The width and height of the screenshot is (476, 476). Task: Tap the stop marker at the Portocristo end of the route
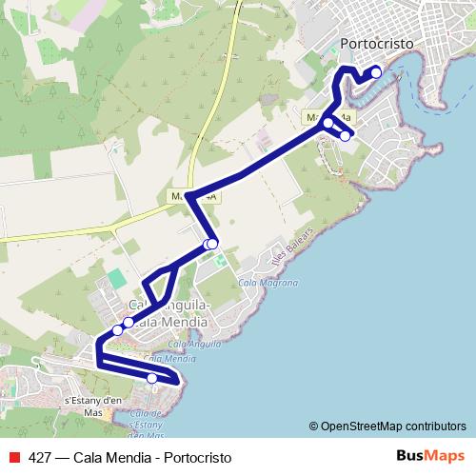coord(376,71)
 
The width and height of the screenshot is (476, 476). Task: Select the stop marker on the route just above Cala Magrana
coord(212,245)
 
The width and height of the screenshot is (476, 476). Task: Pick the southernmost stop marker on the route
coord(152,379)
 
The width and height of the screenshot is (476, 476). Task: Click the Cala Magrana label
coord(268,283)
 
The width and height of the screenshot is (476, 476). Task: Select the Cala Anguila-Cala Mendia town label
coord(162,312)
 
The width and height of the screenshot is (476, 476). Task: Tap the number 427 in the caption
coord(39,457)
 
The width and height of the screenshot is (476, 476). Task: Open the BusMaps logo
coord(429,455)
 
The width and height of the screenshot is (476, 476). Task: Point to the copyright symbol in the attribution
coord(313,426)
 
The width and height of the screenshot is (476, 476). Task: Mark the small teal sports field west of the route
coord(116,278)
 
